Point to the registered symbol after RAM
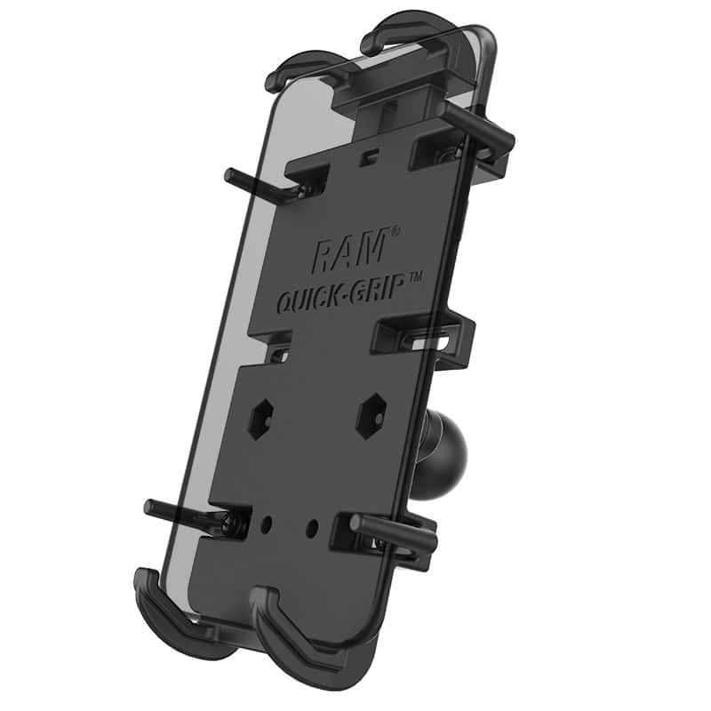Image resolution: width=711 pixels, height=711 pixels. [x=395, y=233]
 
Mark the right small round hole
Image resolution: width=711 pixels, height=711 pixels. [x=312, y=528]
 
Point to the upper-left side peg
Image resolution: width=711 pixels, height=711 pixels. [x=258, y=181]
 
